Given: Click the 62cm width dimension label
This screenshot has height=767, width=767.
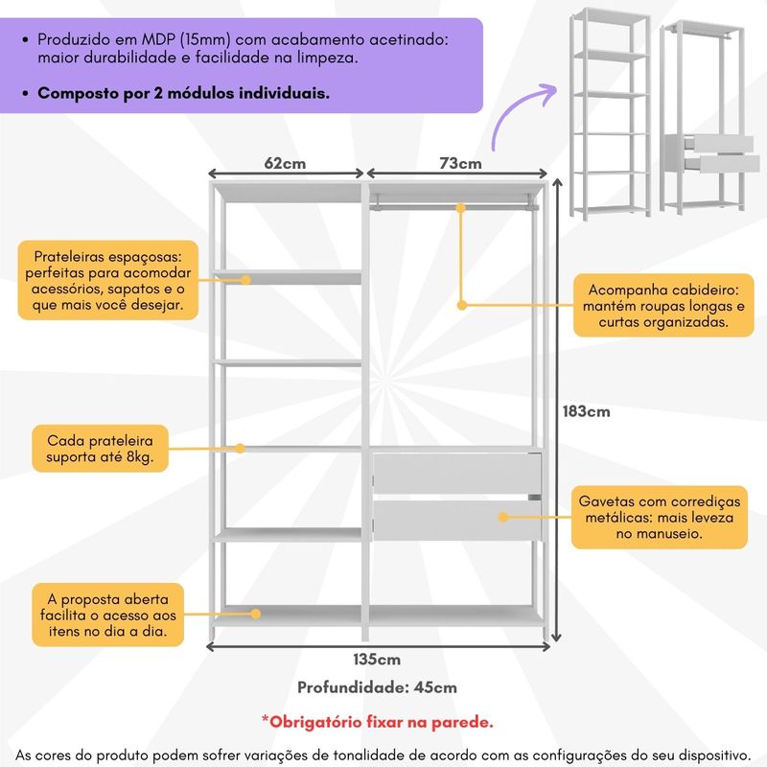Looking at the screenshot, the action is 285,163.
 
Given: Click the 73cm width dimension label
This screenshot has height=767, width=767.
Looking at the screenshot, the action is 460,163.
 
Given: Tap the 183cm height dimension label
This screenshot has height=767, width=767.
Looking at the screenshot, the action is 586,411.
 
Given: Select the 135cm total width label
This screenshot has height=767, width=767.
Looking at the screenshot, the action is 377,660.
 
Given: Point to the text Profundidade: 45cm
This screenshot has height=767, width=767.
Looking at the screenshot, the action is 377,687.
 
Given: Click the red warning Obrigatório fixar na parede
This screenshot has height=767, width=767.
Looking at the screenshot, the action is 377,722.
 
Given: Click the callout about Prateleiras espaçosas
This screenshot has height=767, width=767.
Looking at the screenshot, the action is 108,280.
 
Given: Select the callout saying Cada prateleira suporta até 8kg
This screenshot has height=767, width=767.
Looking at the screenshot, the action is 101,449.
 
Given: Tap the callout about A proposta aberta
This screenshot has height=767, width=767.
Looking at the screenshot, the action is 108,615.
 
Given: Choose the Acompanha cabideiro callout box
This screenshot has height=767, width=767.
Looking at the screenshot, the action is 663,306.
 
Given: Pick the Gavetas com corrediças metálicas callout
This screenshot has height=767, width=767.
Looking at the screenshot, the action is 660,517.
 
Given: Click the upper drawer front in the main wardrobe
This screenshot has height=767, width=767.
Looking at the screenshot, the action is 457,473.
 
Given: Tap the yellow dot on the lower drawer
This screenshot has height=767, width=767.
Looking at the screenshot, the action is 503,517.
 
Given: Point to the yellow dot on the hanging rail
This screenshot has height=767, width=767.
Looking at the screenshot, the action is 460,208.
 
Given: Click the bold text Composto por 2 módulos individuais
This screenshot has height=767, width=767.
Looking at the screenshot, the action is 183,93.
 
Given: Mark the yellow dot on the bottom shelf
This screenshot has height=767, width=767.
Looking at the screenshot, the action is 255,614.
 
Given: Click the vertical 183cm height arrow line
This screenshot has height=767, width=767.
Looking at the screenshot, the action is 556,410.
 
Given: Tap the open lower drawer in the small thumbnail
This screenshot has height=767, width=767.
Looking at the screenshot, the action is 723,163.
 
